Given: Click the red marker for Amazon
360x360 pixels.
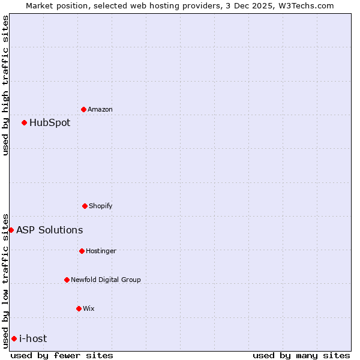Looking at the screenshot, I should coord(84,109).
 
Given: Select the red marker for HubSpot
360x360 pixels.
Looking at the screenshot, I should coord(25,122).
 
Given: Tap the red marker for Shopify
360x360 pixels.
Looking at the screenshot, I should coord(85,206).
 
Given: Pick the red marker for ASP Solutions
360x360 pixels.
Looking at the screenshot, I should coord(11,230).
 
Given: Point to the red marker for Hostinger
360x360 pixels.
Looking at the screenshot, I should coord(82,251).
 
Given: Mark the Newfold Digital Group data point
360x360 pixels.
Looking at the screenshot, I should coord(67,280).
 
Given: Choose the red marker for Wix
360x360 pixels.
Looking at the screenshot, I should coord(79,308).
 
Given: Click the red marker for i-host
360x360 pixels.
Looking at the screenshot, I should coord(14,338).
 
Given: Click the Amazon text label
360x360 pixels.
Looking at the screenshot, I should coord(100,109).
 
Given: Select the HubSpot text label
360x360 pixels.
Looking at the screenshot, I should coord(50,122).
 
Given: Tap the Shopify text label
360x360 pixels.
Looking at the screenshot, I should coord(101,206).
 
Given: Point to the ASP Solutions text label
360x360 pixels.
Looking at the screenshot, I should coord(50,230).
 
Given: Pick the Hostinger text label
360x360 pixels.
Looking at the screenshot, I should coord(101,251).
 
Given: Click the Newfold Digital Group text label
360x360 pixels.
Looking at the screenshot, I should coord(106,280).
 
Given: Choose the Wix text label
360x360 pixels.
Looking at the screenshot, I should coord(89,308).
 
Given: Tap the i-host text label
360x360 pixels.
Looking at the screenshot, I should coord(33,338).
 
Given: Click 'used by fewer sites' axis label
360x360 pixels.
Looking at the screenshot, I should coord(62,355).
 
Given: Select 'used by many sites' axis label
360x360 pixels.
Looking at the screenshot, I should coord(301,355).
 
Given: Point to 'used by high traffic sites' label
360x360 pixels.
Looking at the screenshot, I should coord(5,85).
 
